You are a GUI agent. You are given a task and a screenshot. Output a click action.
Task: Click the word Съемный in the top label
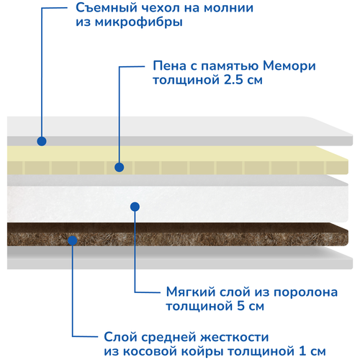106,8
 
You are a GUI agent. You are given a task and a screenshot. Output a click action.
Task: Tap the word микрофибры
139,22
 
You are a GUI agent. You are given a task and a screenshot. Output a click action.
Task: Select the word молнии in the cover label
229,8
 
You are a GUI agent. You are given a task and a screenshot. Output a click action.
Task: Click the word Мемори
289,66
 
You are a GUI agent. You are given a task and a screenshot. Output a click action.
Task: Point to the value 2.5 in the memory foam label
233,80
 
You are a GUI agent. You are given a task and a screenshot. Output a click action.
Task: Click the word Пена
170,66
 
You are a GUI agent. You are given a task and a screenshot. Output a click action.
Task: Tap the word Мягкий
191,292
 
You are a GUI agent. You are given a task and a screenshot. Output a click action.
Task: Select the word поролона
305,292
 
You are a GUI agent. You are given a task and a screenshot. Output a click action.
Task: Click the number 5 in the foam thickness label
240,306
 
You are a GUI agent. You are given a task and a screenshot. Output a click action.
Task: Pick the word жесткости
235,338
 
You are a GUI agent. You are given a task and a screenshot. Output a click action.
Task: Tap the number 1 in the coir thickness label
303,351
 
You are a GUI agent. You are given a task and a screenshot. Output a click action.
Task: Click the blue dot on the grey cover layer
42,141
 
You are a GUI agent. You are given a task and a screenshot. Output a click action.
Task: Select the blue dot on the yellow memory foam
120,167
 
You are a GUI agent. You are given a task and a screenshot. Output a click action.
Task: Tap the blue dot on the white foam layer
135,207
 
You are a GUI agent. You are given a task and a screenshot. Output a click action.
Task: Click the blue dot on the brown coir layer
73,240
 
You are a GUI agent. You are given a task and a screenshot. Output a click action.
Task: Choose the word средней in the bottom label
169,338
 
